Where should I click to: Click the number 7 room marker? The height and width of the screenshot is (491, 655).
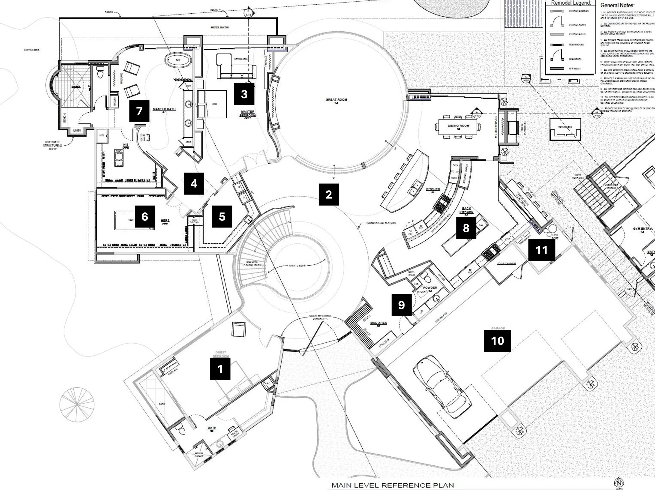(x=139, y=111)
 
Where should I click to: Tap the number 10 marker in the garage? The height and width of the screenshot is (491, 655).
(x=498, y=341)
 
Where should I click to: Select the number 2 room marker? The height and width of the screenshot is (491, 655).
(x=328, y=195)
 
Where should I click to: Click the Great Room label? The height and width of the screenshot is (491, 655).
(x=336, y=100)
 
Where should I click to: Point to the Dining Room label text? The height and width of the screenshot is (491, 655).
(x=458, y=126)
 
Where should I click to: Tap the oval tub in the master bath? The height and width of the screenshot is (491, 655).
(x=177, y=60)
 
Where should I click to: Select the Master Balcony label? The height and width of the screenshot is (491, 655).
(x=220, y=27)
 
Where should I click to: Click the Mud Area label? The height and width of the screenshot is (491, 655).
(x=379, y=323)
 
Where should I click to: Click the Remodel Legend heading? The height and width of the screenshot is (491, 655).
(x=571, y=3)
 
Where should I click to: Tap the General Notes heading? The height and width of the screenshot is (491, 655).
(x=617, y=5)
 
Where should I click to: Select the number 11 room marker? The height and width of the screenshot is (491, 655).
(x=541, y=250)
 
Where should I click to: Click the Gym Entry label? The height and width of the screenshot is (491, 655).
(x=642, y=229)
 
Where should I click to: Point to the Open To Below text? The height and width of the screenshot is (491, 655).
(x=297, y=266)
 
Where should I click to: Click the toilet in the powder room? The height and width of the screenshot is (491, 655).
(x=426, y=279)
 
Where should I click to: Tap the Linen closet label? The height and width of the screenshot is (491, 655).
(x=77, y=130)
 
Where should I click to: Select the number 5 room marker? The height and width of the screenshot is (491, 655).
(x=222, y=217)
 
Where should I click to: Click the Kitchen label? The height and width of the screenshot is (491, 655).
(x=433, y=189)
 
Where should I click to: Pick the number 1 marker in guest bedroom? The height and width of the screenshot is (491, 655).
(x=220, y=369)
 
